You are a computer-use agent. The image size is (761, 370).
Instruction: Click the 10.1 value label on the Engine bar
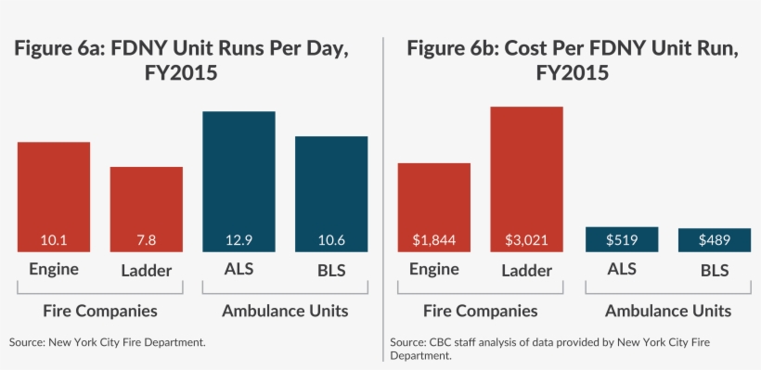pos(53,240)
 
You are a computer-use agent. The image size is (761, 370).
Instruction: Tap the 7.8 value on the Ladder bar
pos(146,240)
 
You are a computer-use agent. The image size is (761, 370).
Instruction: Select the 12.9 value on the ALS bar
pos(239,240)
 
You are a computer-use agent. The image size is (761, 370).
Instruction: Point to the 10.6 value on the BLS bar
pos(331,240)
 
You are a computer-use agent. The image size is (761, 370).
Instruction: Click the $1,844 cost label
pos(433,240)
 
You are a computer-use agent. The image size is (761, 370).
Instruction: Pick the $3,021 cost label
pos(526,240)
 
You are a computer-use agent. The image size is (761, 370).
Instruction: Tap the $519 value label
pos(621,239)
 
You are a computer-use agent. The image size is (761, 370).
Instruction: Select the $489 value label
pos(714,240)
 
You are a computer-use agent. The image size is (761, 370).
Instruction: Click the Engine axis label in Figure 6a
pos(53,271)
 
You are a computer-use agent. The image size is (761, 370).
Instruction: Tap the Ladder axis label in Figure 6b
pos(526,271)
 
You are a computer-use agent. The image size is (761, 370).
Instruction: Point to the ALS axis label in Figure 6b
pos(621,271)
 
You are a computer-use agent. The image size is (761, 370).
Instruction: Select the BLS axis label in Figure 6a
pos(331,271)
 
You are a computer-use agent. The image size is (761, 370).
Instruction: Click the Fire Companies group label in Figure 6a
pos(99,311)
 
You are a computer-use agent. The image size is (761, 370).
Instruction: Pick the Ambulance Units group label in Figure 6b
pos(667,311)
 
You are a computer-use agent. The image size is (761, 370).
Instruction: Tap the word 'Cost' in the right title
pos(530,50)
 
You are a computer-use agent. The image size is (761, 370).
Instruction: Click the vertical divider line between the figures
pos(382,185)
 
